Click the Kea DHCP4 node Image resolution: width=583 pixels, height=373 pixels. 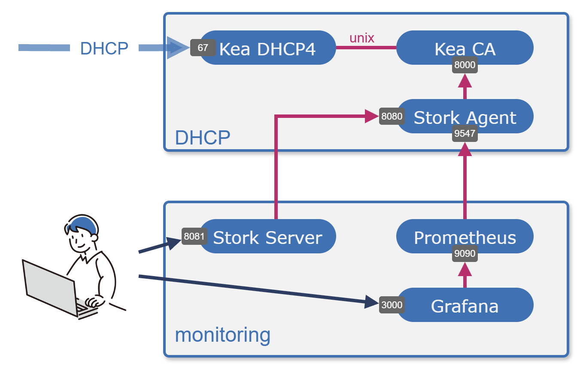267,48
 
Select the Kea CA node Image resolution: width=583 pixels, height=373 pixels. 465,48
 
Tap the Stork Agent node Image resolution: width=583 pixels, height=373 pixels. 465,117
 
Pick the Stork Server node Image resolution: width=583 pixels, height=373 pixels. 267,237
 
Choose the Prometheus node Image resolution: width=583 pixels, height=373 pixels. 465,237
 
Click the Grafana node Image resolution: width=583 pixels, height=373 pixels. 465,305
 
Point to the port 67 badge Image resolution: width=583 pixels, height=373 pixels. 203,48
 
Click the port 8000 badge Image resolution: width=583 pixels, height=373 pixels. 465,66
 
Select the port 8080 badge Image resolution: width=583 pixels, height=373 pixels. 392,116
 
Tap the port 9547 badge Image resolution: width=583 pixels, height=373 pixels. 465,133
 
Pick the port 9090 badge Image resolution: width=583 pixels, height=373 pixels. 465,253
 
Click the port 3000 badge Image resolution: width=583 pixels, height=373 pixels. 392,305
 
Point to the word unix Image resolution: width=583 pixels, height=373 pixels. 362,38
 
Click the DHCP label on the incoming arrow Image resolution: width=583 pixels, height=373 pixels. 104,48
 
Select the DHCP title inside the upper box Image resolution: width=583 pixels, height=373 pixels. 203,138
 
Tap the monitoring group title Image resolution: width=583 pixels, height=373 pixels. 223,334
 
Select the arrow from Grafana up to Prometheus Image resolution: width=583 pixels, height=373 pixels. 465,275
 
